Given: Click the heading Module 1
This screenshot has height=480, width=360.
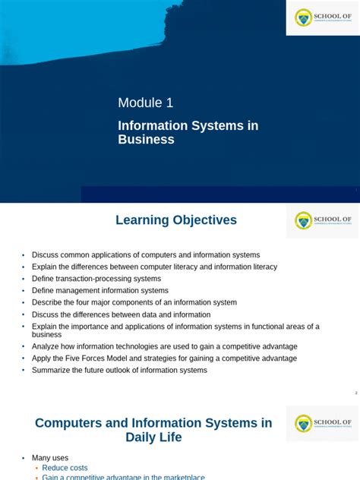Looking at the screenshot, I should coord(150,103).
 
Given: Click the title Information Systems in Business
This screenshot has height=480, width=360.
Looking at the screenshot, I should coord(188,132).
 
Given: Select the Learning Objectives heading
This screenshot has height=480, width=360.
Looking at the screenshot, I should coord(176,220).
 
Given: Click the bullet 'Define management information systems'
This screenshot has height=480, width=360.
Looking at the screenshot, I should coord(100,290).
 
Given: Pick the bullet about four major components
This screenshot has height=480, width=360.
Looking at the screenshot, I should coord(134,302).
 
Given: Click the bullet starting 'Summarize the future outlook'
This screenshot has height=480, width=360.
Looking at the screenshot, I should coord(119,370).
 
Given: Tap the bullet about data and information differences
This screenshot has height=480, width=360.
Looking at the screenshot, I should coord(121,314).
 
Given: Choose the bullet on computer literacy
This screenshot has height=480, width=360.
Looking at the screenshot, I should coord(154,267).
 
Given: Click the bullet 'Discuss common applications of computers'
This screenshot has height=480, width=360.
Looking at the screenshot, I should coord(145,255).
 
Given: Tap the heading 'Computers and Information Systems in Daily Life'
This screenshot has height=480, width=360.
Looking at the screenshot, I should coord(153,430).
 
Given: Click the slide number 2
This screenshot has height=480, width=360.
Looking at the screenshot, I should coord(355,393).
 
